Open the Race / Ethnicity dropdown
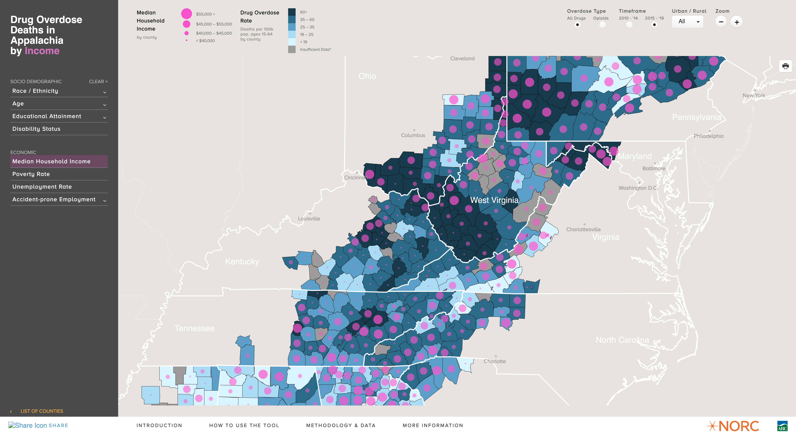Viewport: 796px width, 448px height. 59,91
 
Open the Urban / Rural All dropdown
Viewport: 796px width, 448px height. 687,22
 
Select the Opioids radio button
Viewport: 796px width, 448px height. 602,25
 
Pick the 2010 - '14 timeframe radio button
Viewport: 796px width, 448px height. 629,25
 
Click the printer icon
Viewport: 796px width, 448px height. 785,66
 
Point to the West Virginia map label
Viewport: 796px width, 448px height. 494,200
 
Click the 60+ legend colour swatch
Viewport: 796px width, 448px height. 292,12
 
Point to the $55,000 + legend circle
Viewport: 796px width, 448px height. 186,14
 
